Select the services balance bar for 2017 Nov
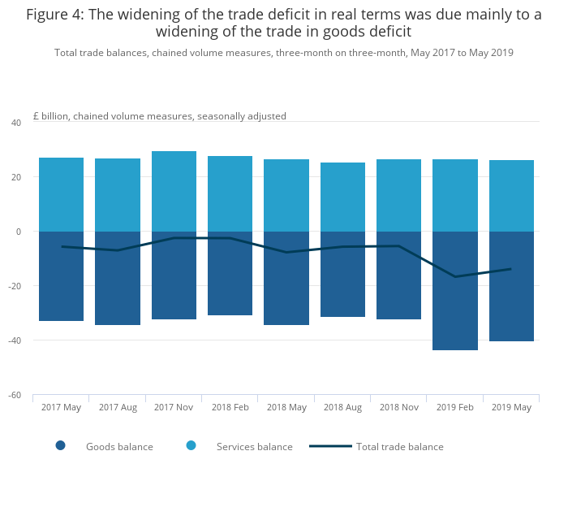(174, 191)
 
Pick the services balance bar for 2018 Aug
(342, 197)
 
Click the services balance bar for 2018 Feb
(230, 193)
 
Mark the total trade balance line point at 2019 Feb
(454, 276)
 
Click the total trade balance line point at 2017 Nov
(174, 238)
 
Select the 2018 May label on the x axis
(286, 407)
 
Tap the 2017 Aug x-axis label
(118, 407)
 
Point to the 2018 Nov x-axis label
(398, 407)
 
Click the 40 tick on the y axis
(15, 123)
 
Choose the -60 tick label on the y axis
(14, 395)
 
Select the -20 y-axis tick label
(14, 286)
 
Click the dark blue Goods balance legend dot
(60, 445)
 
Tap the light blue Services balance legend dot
(191, 445)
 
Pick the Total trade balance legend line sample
(330, 446)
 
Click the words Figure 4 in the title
(58, 15)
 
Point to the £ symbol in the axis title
(36, 116)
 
